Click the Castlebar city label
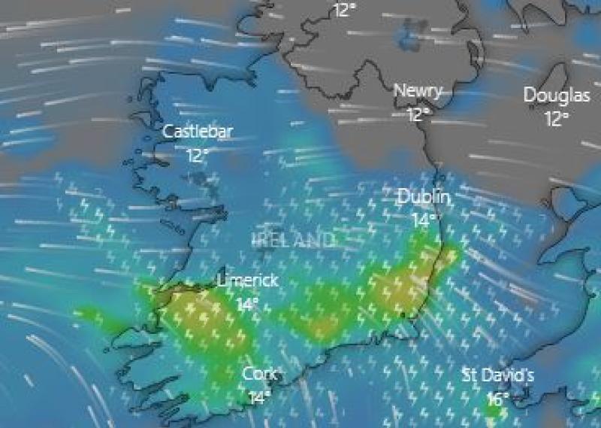tap(198, 132)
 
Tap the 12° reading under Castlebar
tap(198, 156)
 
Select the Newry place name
tap(418, 90)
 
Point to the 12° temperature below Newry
tap(418, 114)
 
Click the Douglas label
tap(557, 95)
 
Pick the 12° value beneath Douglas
tap(557, 118)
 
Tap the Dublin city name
tap(424, 197)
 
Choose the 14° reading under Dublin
tap(424, 220)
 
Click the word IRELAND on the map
tap(293, 240)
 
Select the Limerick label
tap(248, 281)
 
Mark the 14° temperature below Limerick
tap(247, 305)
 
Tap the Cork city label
tap(261, 374)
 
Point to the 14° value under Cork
tap(260, 397)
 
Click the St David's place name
tap(497, 375)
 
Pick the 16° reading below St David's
tap(497, 399)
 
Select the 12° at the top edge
tap(345, 10)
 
